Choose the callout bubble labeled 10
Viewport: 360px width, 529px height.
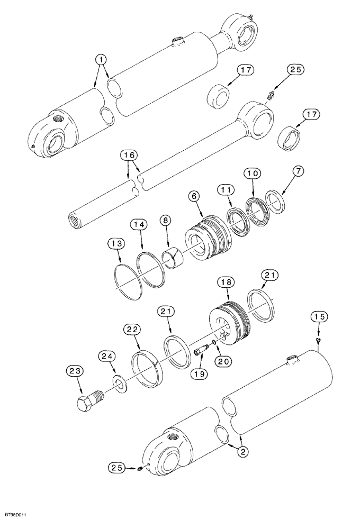[x=252, y=174]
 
